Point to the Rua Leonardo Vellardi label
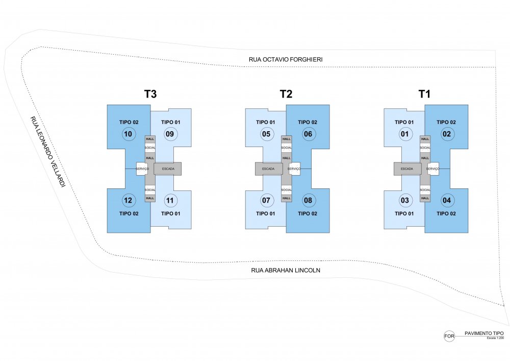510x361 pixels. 46,152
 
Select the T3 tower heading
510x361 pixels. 150,94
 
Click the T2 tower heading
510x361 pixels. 286,94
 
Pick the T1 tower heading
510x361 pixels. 424,94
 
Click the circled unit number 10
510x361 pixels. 128,134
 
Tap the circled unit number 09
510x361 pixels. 170,134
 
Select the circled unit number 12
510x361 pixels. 128,200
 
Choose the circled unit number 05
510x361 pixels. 266,134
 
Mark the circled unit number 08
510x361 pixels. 308,200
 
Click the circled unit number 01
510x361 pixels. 404,134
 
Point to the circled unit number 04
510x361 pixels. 447,200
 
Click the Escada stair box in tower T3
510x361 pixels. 167,169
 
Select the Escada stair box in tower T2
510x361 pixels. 269,169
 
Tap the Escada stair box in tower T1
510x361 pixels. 407,169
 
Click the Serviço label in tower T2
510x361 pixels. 294,169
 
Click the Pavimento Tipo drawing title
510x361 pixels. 484,333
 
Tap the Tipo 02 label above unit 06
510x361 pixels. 308,122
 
